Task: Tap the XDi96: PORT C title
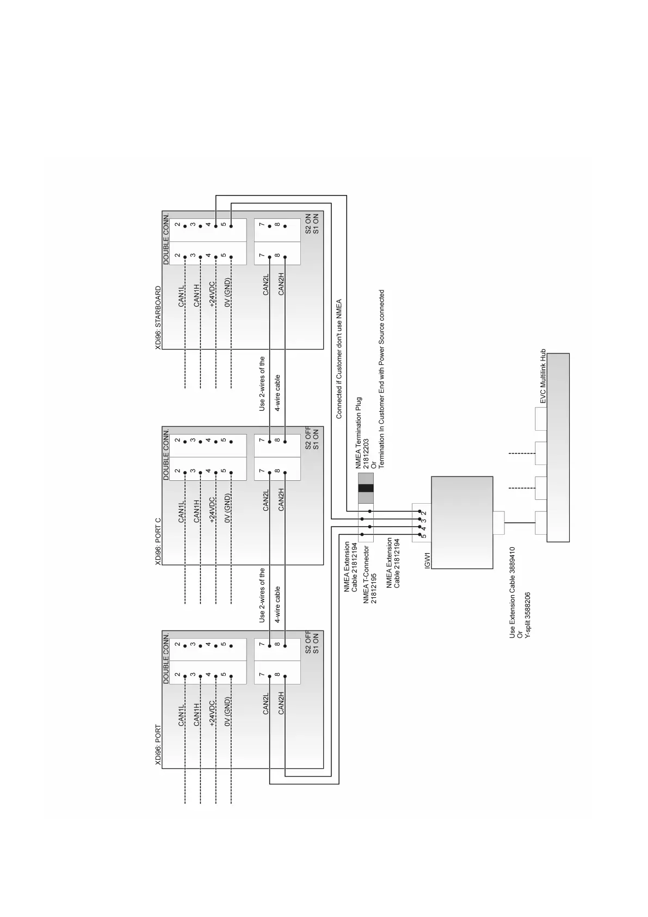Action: (x=158, y=541)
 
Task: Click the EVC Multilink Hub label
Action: (x=543, y=377)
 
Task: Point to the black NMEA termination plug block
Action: (x=366, y=488)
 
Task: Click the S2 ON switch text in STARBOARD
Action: (x=308, y=223)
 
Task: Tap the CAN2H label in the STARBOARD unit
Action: (x=281, y=284)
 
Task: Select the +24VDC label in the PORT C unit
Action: (x=212, y=510)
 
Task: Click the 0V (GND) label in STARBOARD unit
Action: (x=227, y=292)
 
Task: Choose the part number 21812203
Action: (x=366, y=454)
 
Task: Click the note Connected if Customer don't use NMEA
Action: (x=339, y=359)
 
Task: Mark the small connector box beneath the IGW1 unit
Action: (x=498, y=523)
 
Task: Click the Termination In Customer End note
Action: (x=381, y=379)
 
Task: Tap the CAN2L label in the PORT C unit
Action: (x=266, y=500)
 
